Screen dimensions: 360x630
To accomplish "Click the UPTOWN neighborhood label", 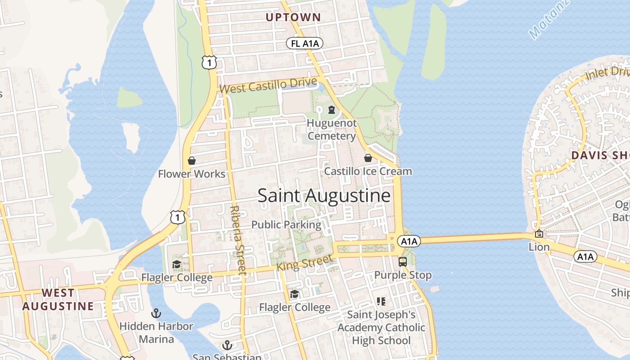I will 293,18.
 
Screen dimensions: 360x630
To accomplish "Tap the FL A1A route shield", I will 305,43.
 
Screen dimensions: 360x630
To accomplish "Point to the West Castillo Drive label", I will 269,85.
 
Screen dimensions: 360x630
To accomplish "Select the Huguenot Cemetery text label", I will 332,129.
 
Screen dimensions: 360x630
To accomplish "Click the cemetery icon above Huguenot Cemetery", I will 332,109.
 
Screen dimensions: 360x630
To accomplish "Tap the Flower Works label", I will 192,174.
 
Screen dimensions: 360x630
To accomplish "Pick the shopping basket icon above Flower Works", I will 192,161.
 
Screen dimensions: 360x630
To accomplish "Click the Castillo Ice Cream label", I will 368,171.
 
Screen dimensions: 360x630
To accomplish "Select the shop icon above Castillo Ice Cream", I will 368,158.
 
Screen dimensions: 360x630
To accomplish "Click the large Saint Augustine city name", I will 324,196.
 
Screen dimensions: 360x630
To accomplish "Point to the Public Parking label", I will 286,225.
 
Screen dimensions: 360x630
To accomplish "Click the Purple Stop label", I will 403,275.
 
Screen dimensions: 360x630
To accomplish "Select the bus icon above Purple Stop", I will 403,261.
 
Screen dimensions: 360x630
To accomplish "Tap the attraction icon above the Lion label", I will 539,234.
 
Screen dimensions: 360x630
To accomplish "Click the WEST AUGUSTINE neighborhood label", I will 58,299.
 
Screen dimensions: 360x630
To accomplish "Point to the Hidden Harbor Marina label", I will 156,332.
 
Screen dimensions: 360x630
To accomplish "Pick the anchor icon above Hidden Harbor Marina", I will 156,313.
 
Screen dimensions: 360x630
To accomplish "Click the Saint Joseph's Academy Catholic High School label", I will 381,327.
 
